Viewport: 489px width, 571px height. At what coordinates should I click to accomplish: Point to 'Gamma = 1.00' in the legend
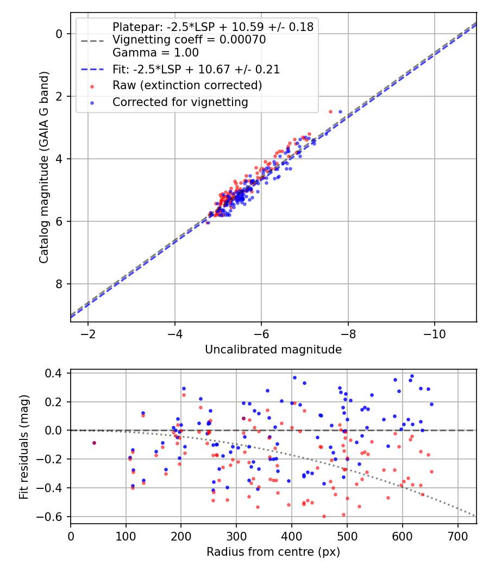click(155, 53)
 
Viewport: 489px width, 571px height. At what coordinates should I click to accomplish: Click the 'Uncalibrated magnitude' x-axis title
click(273, 350)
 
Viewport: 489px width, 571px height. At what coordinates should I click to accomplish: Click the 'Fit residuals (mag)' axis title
click(23, 447)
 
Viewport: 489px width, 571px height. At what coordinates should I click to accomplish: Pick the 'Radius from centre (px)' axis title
click(273, 552)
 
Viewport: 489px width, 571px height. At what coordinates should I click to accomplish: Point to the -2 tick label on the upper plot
click(88, 333)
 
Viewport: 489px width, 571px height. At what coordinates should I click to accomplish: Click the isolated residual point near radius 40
click(94, 443)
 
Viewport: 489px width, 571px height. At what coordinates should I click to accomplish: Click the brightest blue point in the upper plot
click(341, 111)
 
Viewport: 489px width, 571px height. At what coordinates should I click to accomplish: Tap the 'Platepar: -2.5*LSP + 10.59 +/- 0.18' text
click(213, 27)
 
